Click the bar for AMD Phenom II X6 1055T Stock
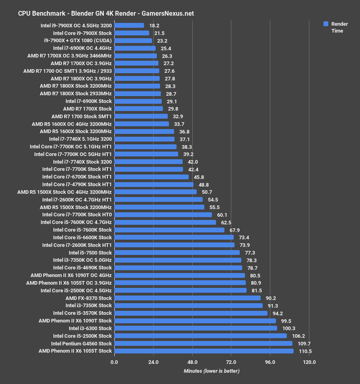204,351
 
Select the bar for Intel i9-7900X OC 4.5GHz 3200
129,25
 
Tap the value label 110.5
305,351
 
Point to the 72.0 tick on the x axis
231,362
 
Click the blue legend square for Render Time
326,24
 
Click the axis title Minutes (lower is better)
212,371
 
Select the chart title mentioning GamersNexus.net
106,13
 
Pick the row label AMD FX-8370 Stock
88,298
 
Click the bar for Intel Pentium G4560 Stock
203,343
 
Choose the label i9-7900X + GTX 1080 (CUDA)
78,41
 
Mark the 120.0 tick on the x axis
309,362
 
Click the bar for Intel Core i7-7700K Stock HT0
163,215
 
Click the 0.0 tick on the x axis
114,362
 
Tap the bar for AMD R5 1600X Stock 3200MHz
144,131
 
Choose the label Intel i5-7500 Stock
90,253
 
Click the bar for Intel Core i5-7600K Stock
169,230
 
